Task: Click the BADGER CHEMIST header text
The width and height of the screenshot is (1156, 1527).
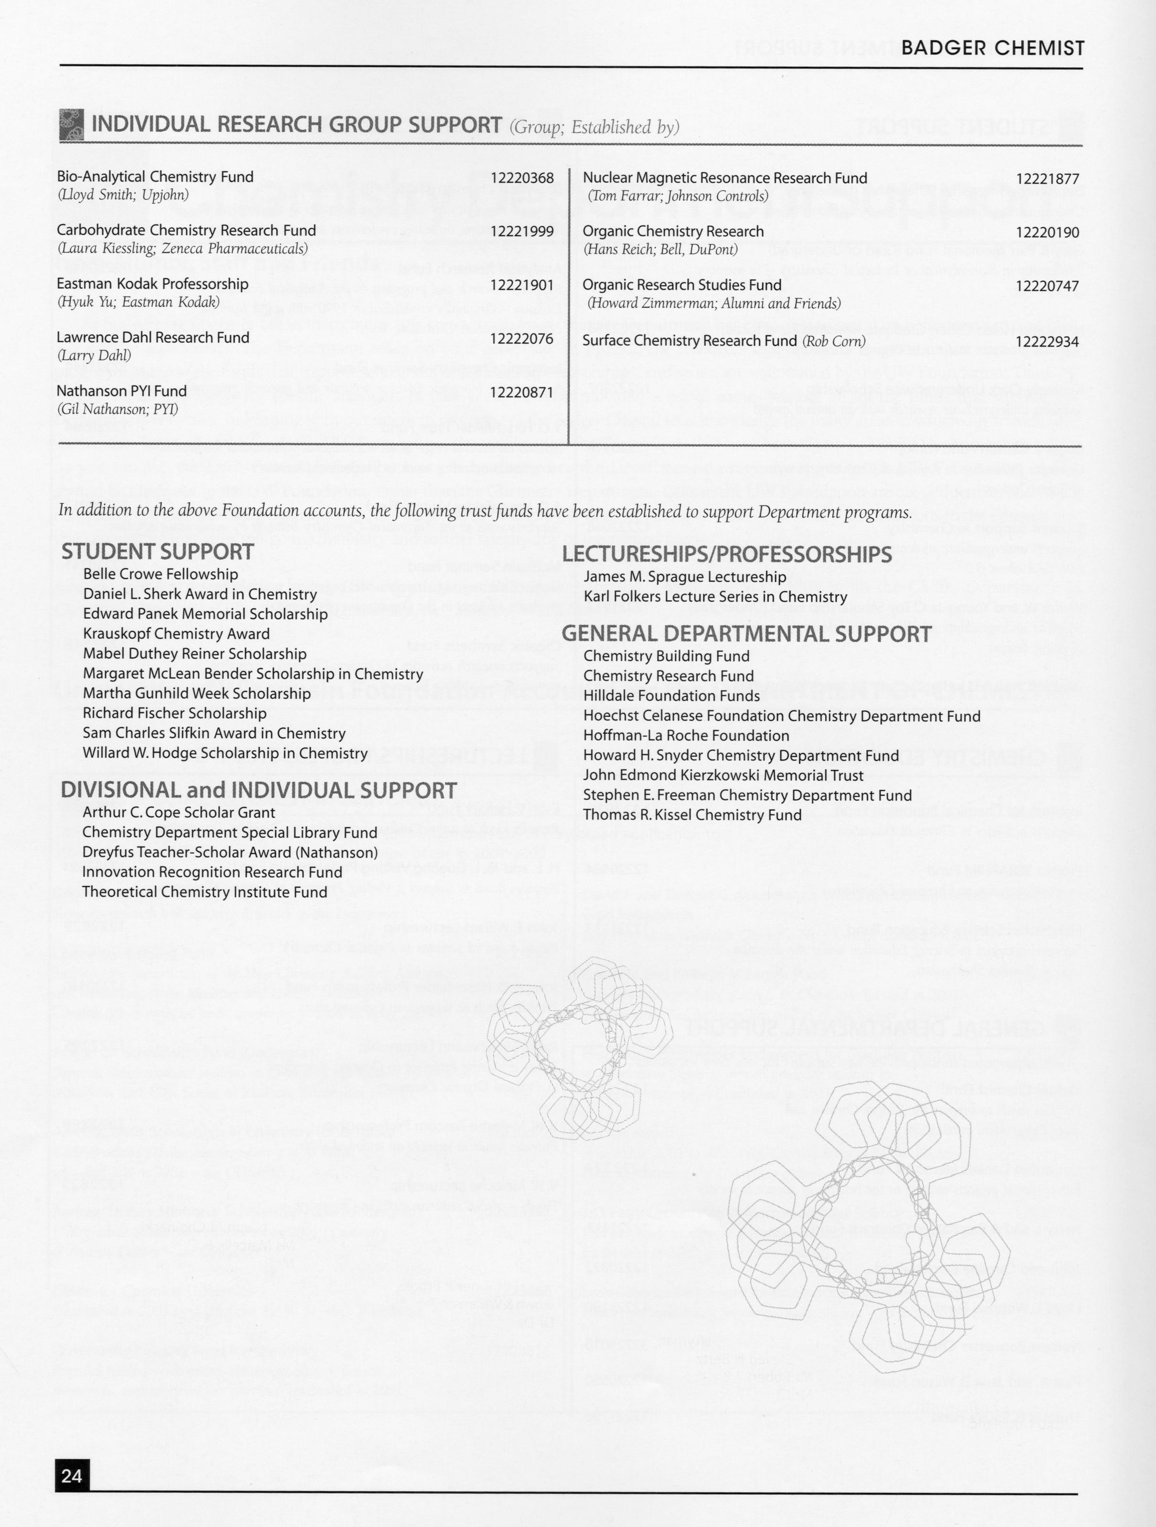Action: click(992, 48)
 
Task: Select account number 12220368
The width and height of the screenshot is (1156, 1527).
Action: click(522, 178)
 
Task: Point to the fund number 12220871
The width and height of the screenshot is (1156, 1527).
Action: click(522, 392)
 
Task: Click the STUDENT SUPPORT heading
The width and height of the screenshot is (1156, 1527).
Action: click(158, 551)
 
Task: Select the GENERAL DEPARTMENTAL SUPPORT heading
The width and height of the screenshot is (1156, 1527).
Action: click(747, 633)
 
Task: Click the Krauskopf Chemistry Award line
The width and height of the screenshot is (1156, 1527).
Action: click(176, 633)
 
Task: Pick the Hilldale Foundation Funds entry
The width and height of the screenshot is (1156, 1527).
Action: click(671, 695)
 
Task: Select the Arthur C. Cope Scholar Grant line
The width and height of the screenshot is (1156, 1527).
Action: click(178, 813)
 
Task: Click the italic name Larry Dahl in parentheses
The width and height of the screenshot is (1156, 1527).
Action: click(94, 356)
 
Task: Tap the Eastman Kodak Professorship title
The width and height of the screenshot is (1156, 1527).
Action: click(152, 284)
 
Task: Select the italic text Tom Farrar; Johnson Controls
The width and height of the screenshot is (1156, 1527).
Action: click(678, 196)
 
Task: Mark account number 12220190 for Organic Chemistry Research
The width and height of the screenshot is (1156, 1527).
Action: click(1047, 233)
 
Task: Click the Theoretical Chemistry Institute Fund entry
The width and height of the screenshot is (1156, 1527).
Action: click(204, 892)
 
